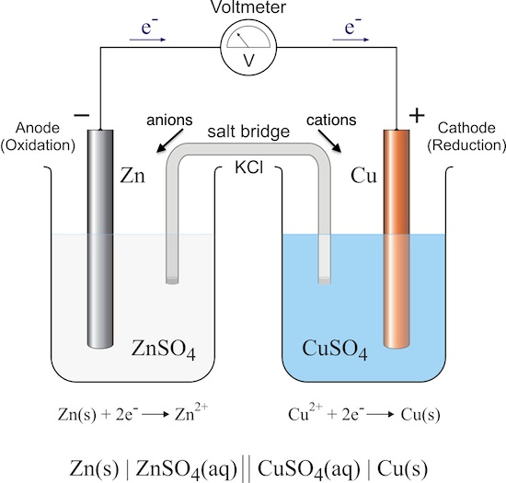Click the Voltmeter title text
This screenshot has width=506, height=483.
(248, 6)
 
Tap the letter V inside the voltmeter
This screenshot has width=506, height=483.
(248, 61)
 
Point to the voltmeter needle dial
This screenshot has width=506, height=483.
(248, 38)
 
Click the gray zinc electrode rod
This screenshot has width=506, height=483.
(100, 239)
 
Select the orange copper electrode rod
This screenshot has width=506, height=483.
(397, 239)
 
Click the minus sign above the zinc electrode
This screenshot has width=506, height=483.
(82, 115)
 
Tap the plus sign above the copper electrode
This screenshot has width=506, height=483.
(417, 115)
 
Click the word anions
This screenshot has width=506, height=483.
(169, 121)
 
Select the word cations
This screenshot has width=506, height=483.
(331, 121)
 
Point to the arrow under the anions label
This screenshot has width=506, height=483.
(170, 141)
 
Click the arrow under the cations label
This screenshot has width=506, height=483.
(329, 141)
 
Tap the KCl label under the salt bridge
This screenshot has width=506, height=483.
(248, 167)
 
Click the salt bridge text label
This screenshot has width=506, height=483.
(248, 132)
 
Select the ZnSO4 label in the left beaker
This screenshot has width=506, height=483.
(163, 350)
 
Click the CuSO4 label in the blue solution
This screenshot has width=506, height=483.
(335, 350)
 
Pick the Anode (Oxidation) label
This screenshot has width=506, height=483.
(38, 137)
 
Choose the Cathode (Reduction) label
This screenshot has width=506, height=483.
(466, 137)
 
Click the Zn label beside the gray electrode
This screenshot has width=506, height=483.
(132, 176)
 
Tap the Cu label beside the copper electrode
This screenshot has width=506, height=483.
(363, 176)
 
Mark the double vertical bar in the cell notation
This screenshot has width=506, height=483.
(247, 468)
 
